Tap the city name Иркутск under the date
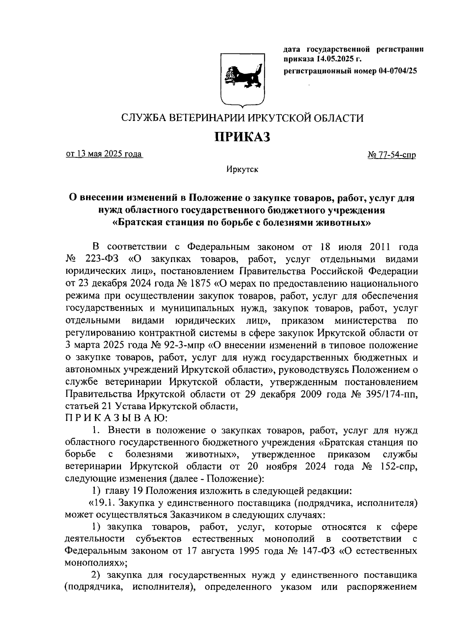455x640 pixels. click(242, 169)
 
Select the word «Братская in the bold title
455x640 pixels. click(138, 222)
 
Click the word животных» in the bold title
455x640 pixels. click(345, 222)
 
